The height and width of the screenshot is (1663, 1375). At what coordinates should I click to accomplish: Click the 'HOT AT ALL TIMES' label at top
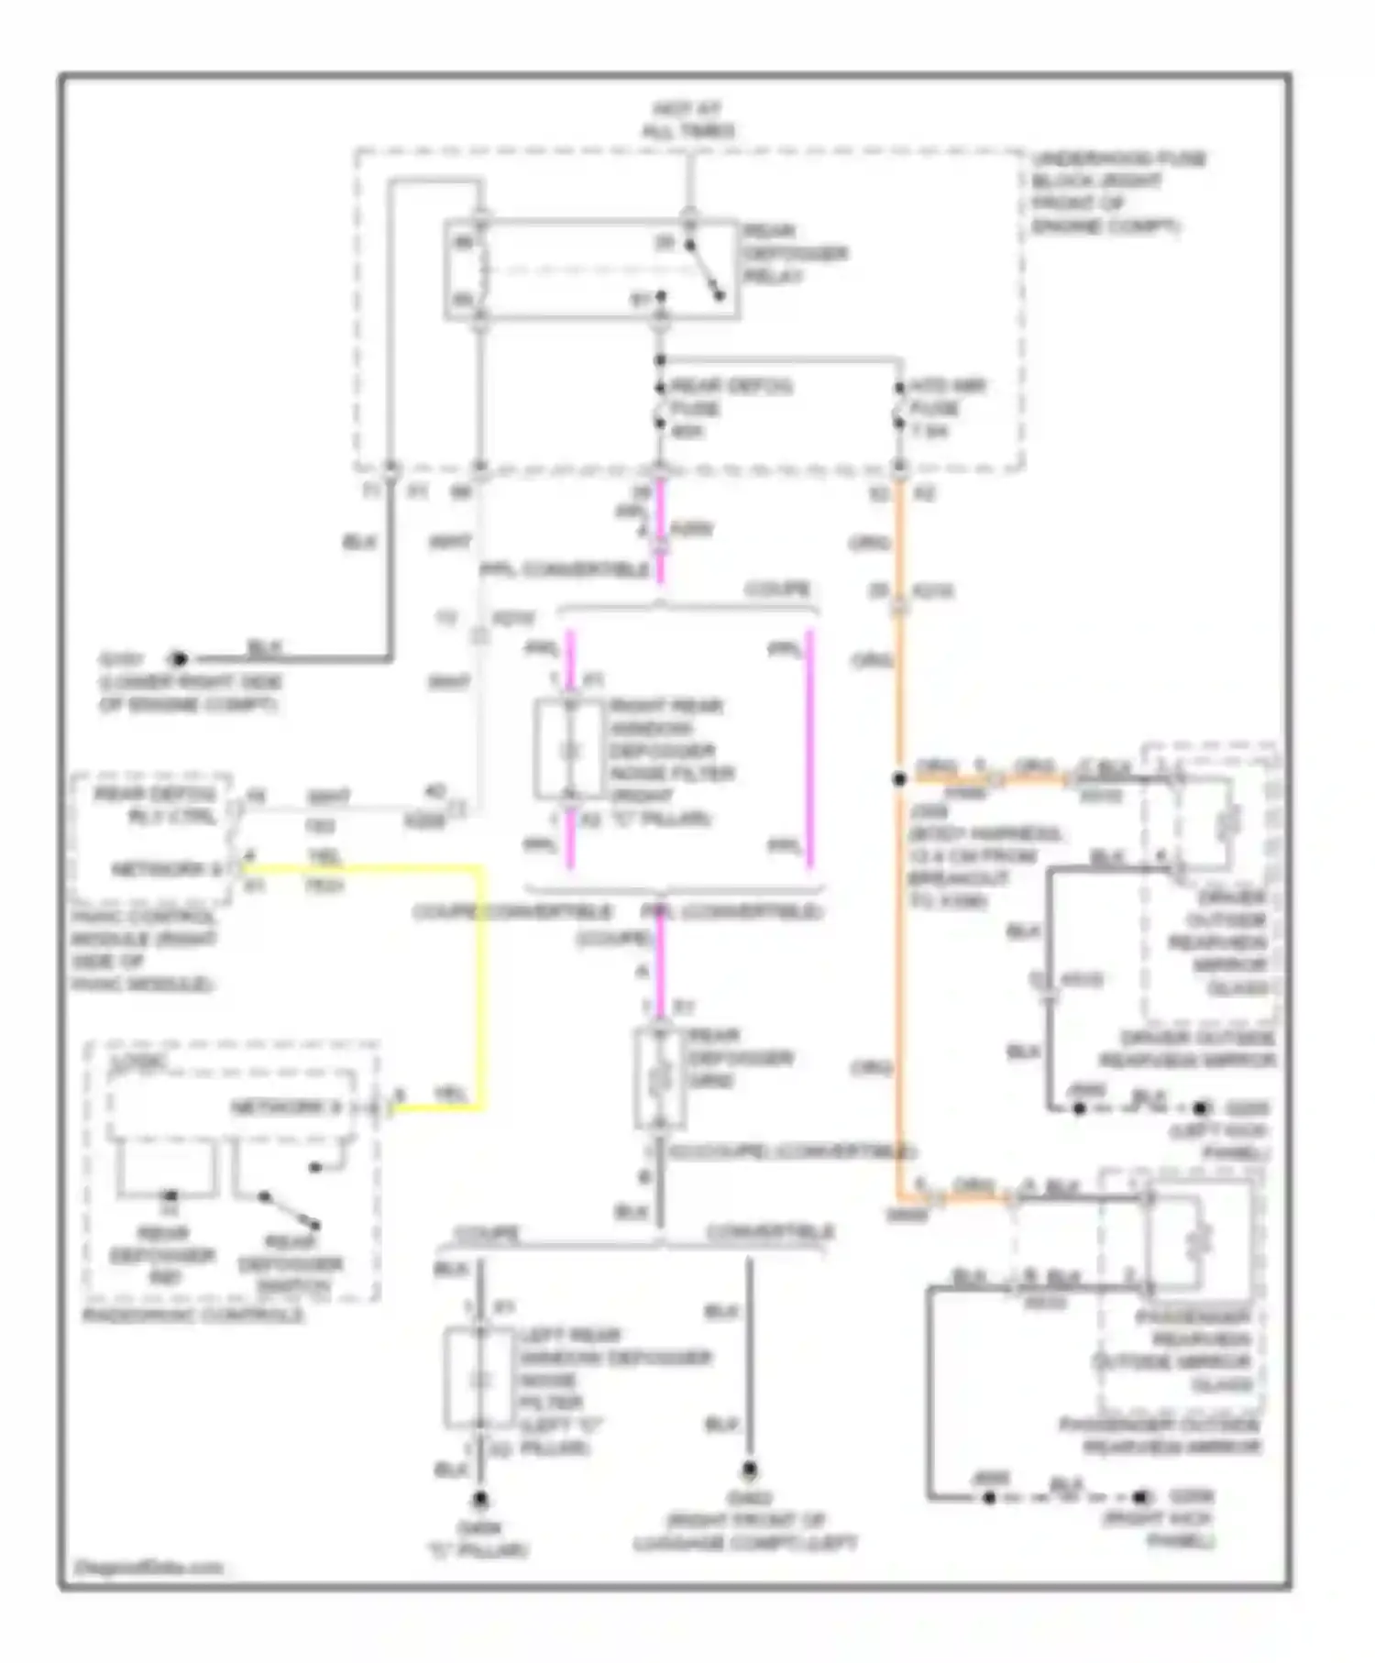687,120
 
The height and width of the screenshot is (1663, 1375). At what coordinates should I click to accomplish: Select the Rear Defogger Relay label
794,253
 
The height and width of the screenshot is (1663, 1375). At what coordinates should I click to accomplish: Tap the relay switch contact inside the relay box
706,270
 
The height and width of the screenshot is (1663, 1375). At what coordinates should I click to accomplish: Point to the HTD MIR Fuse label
944,407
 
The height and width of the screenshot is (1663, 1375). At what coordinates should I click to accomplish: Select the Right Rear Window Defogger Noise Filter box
570,751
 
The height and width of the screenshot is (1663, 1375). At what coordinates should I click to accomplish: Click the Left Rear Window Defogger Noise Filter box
478,1379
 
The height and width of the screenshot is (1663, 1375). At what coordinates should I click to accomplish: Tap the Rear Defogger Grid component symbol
659,1078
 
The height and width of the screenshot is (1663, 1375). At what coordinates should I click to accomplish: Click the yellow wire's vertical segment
479,990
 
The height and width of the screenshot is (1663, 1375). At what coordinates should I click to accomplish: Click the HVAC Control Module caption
144,950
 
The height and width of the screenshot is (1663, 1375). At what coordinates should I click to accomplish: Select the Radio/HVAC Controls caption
192,1315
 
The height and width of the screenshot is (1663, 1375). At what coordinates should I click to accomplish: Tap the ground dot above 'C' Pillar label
479,1500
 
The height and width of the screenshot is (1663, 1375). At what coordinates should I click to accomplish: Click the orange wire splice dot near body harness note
899,778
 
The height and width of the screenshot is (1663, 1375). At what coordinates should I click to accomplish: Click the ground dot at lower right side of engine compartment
179,658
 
